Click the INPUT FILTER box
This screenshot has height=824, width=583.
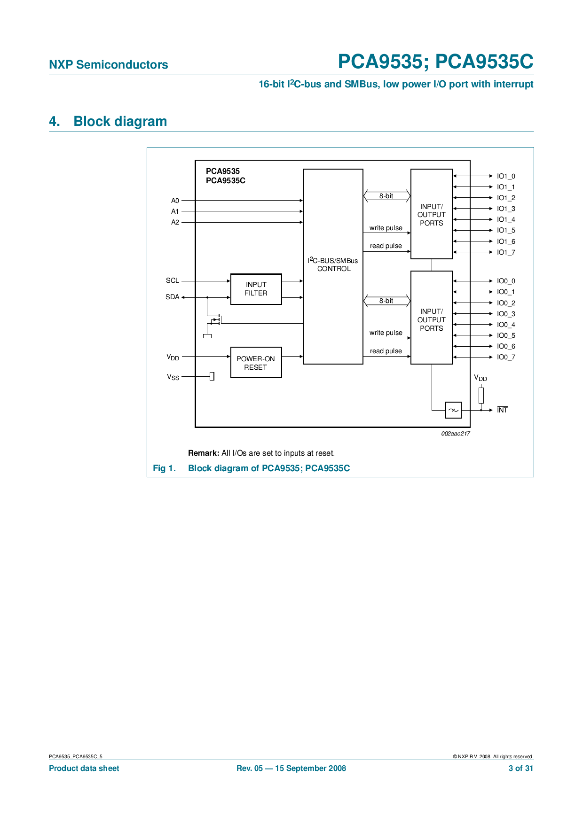(x=256, y=289)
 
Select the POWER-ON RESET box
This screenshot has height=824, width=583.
(x=256, y=363)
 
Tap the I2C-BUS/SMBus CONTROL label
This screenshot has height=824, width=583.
(x=333, y=264)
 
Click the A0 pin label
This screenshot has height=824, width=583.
(x=175, y=201)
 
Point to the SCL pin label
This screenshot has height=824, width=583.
(x=172, y=280)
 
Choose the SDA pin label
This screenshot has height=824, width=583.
(x=172, y=297)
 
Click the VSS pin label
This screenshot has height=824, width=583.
(x=173, y=377)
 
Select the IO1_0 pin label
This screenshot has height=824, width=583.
(x=506, y=176)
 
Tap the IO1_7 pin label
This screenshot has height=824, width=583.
(x=506, y=252)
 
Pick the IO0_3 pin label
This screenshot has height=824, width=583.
(x=506, y=314)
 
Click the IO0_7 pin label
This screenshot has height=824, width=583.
(x=506, y=357)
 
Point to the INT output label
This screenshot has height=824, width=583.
(x=502, y=410)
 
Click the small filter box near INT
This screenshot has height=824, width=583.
(x=453, y=410)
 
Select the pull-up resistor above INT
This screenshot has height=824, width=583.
(x=481, y=395)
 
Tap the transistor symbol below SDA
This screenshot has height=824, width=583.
(x=216, y=320)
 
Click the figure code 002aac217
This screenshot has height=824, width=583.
(x=455, y=434)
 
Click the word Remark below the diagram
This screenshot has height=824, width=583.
(x=203, y=453)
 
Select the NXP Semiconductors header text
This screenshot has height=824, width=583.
(x=108, y=65)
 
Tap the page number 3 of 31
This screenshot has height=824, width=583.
(x=520, y=769)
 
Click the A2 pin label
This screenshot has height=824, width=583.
(x=175, y=222)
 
